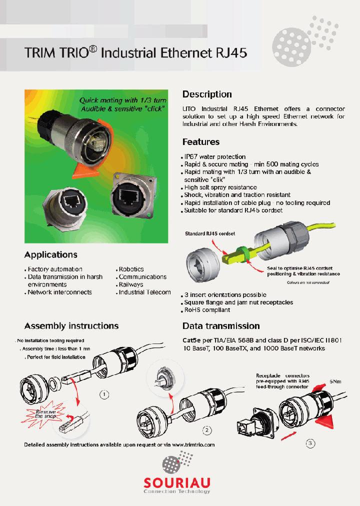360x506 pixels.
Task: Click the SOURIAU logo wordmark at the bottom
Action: (x=177, y=482)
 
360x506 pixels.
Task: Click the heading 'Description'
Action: (x=207, y=94)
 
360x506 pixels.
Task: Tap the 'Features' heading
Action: (x=201, y=142)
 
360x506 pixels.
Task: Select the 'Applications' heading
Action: (x=51, y=254)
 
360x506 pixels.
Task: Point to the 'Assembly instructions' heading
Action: (x=71, y=326)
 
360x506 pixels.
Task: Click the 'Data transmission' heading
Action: (x=221, y=326)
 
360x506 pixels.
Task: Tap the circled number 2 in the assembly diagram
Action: (x=206, y=429)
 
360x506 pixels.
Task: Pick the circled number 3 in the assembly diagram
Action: (x=310, y=443)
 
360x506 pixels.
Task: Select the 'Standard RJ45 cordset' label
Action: (x=210, y=233)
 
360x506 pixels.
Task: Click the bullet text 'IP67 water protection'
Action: (x=215, y=157)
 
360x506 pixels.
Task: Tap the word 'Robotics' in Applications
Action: (x=131, y=269)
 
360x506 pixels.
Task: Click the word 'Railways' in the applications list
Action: (x=131, y=284)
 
